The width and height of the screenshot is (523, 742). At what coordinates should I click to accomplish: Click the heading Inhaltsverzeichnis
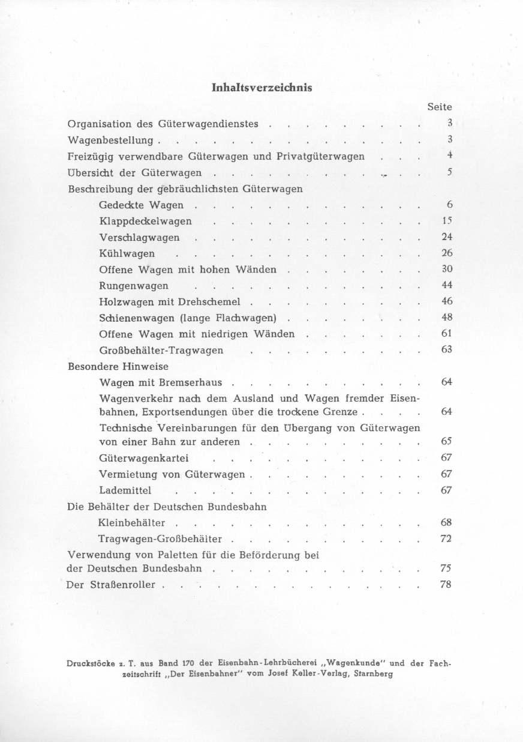[262, 87]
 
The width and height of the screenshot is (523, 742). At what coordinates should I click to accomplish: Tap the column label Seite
[439, 107]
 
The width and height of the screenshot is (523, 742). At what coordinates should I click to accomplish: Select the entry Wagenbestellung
[112, 140]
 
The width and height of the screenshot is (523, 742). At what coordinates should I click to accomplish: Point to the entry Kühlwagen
[127, 254]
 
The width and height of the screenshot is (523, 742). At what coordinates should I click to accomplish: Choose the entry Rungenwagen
[134, 286]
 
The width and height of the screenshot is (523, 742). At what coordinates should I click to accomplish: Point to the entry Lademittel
[125, 490]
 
